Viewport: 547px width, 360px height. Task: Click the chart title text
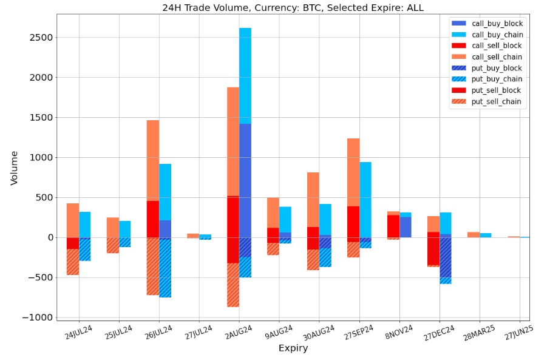293,8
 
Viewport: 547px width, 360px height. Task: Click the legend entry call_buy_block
497,24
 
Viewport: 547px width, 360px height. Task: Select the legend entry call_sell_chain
497,57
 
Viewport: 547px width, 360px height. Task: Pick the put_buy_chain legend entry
497,79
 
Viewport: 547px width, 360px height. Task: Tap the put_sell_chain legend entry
497,101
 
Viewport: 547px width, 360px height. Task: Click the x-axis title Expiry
293,348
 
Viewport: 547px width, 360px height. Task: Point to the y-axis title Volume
14,168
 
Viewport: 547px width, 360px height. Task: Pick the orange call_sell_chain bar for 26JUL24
153,160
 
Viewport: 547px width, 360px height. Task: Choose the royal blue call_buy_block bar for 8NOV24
406,227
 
